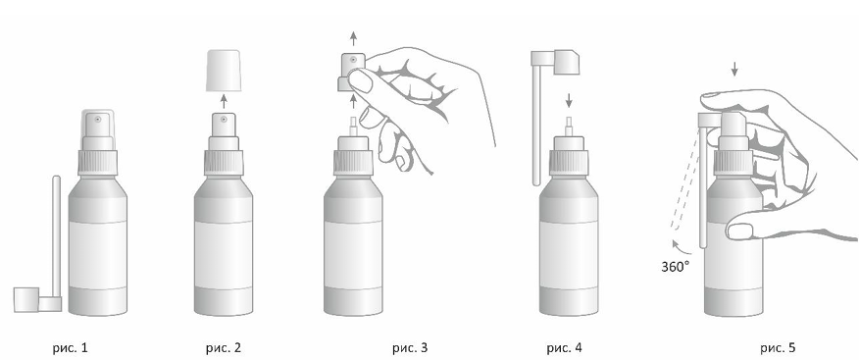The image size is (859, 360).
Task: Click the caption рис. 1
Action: click(70, 347)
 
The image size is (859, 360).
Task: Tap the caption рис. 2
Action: click(224, 347)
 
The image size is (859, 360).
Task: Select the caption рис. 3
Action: click(410, 347)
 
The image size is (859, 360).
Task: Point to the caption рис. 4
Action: click(564, 347)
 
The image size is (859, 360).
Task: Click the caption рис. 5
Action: click(778, 347)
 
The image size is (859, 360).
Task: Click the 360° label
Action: click(675, 267)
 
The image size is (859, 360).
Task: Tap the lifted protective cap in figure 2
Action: click(224, 71)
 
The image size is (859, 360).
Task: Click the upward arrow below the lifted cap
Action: click(224, 101)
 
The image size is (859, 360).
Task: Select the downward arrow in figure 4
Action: click(569, 100)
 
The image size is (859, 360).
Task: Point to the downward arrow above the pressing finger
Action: click(734, 69)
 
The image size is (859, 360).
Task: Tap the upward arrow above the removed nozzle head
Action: click(353, 38)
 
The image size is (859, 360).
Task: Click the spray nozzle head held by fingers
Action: click(351, 72)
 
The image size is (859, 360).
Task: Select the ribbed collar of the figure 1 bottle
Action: click(97, 163)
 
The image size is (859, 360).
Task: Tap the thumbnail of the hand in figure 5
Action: click(738, 231)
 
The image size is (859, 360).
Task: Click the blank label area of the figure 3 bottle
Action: click(353, 255)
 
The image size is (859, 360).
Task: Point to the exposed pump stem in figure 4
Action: click(569, 127)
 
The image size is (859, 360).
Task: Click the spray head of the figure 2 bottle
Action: click(224, 125)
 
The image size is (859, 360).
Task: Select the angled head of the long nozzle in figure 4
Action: click(567, 62)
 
